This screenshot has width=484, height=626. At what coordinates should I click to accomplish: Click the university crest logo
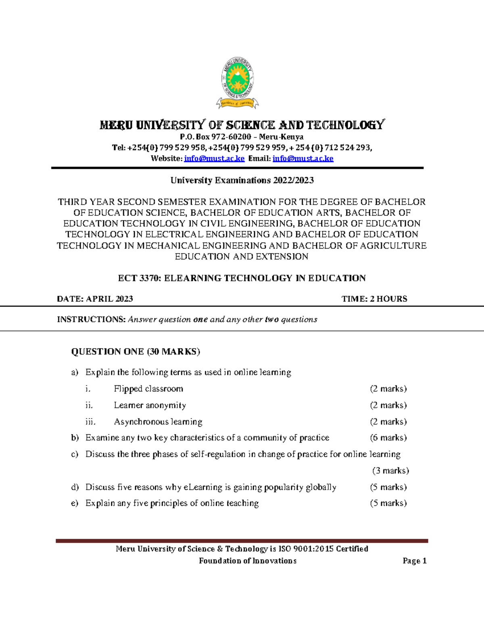click(238, 83)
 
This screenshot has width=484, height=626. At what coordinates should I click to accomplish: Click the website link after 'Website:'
click(214, 158)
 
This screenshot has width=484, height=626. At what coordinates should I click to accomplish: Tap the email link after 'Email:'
click(303, 158)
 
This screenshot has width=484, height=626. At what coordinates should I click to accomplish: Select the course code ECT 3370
click(134, 278)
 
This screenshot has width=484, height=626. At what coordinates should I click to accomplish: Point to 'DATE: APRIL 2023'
click(95, 299)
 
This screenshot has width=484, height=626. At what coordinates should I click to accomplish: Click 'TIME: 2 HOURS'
click(374, 299)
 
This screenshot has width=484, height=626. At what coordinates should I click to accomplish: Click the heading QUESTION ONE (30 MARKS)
click(136, 351)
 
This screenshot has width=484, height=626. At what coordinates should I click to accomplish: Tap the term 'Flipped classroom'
click(148, 389)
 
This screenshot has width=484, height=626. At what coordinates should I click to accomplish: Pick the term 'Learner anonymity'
click(150, 405)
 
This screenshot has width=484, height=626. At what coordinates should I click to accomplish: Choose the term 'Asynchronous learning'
click(158, 422)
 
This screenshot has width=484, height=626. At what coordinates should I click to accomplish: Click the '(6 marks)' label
click(388, 438)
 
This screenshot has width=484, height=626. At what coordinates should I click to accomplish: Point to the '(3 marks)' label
click(390, 470)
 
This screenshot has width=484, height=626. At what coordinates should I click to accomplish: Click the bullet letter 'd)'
click(75, 487)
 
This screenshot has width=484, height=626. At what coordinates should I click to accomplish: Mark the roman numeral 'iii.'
click(90, 422)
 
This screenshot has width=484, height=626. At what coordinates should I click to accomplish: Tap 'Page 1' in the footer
click(414, 561)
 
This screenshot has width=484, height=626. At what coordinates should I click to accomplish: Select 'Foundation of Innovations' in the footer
click(248, 561)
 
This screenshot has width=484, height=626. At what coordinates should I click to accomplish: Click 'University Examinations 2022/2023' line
click(242, 180)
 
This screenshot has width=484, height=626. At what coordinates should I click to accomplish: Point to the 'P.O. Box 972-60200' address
click(216, 137)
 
